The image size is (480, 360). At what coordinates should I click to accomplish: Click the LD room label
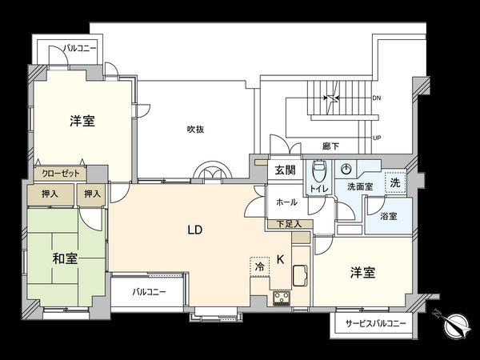[x=194, y=230]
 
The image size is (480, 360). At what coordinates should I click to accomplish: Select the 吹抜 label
[x=198, y=129]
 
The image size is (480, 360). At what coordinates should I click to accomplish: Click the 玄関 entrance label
[x=285, y=170]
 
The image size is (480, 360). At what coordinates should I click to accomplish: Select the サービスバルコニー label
[x=375, y=324]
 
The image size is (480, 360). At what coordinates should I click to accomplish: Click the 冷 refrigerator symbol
[x=259, y=266]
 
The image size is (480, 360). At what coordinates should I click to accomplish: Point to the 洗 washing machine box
[x=394, y=182]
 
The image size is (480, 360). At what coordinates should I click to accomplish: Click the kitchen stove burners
[x=283, y=299]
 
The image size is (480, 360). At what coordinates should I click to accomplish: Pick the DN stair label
[x=377, y=98]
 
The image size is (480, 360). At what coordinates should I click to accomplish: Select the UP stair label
[x=377, y=138]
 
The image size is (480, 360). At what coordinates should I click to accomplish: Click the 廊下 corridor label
[x=331, y=146]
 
